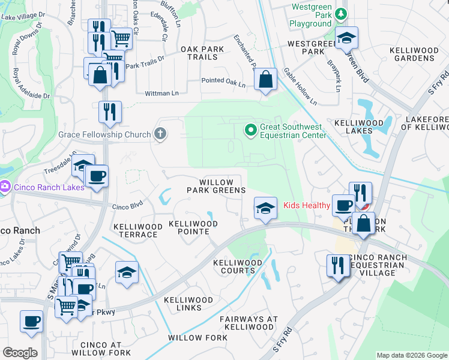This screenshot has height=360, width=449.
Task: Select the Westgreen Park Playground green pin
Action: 341,13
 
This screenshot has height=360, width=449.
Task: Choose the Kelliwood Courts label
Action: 238,267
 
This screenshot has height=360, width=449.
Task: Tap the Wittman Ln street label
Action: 162,94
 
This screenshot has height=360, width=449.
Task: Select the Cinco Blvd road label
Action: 128,207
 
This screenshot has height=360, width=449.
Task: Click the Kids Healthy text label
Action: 307,206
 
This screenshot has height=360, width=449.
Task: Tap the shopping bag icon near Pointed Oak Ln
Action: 265,79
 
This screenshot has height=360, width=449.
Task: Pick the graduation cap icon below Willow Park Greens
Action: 265,208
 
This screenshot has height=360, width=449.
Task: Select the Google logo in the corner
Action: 20,353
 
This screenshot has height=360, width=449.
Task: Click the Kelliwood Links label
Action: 188,304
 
